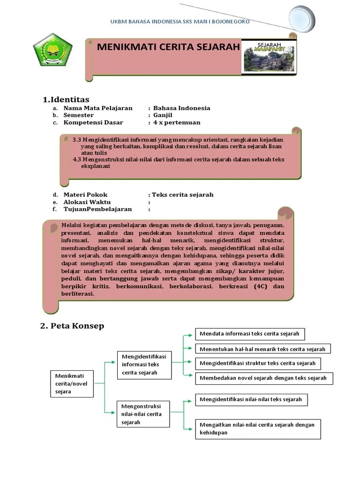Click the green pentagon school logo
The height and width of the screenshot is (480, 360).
(x=53, y=52)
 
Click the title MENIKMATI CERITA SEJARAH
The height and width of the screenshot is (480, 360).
(x=168, y=47)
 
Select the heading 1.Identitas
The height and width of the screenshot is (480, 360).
(x=66, y=99)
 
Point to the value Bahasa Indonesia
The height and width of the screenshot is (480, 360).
(x=181, y=108)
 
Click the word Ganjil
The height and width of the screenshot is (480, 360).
(x=163, y=115)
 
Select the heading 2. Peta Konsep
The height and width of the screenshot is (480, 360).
(x=72, y=326)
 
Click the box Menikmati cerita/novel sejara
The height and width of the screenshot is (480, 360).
(x=71, y=383)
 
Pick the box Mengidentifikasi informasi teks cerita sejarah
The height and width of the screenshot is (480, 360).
(x=143, y=364)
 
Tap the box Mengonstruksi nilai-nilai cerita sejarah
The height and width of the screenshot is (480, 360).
(x=142, y=414)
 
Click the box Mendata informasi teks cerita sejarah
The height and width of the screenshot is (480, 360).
(x=250, y=334)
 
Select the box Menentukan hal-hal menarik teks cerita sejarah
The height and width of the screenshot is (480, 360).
(x=262, y=349)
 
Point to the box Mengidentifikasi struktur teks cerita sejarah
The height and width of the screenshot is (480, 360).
(x=258, y=363)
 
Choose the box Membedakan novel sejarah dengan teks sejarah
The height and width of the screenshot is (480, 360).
(x=263, y=378)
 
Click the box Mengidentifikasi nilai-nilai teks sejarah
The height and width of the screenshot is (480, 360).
(x=251, y=400)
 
